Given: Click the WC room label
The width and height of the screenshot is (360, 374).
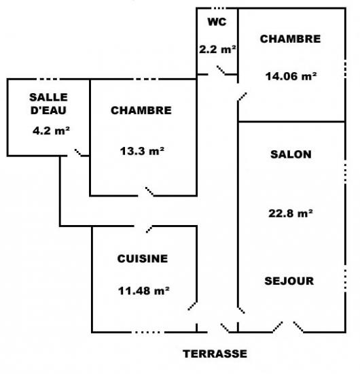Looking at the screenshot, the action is tap(217, 22).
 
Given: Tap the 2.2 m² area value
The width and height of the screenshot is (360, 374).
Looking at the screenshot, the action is tap(217, 50).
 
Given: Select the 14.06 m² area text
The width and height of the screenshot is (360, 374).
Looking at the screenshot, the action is tap(291, 76).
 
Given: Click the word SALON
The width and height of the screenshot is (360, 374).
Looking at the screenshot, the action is tap(291, 154).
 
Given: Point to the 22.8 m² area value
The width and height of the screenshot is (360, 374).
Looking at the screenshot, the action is tap(291, 214).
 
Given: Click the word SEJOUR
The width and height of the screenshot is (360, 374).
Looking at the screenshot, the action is tap(289, 281).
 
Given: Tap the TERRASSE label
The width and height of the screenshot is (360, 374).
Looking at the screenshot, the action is tap(215, 354).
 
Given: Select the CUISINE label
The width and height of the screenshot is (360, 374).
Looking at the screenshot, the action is tap(143, 259).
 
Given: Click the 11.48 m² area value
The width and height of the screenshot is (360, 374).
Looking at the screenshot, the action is tap(144, 291).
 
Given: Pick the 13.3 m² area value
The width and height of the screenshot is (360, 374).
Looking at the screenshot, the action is tap(142, 151).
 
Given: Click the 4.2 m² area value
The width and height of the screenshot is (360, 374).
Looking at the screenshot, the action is tap(51, 131).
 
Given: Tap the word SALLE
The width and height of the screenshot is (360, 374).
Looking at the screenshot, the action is tap(48, 97).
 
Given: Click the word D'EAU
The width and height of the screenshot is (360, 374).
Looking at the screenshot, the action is tap(48, 110).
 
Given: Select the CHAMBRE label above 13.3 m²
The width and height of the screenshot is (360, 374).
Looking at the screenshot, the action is tap(141, 110).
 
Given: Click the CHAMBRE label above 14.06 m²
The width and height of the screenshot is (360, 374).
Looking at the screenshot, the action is tap(290, 39).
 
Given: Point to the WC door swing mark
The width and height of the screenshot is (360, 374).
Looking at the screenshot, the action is tap(221, 70).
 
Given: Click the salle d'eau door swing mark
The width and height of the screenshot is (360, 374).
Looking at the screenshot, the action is tap(78, 152).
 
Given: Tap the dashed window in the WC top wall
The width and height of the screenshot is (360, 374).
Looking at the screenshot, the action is tap(219, 8).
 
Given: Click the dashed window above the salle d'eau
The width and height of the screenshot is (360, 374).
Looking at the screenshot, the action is tap(48, 79).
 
